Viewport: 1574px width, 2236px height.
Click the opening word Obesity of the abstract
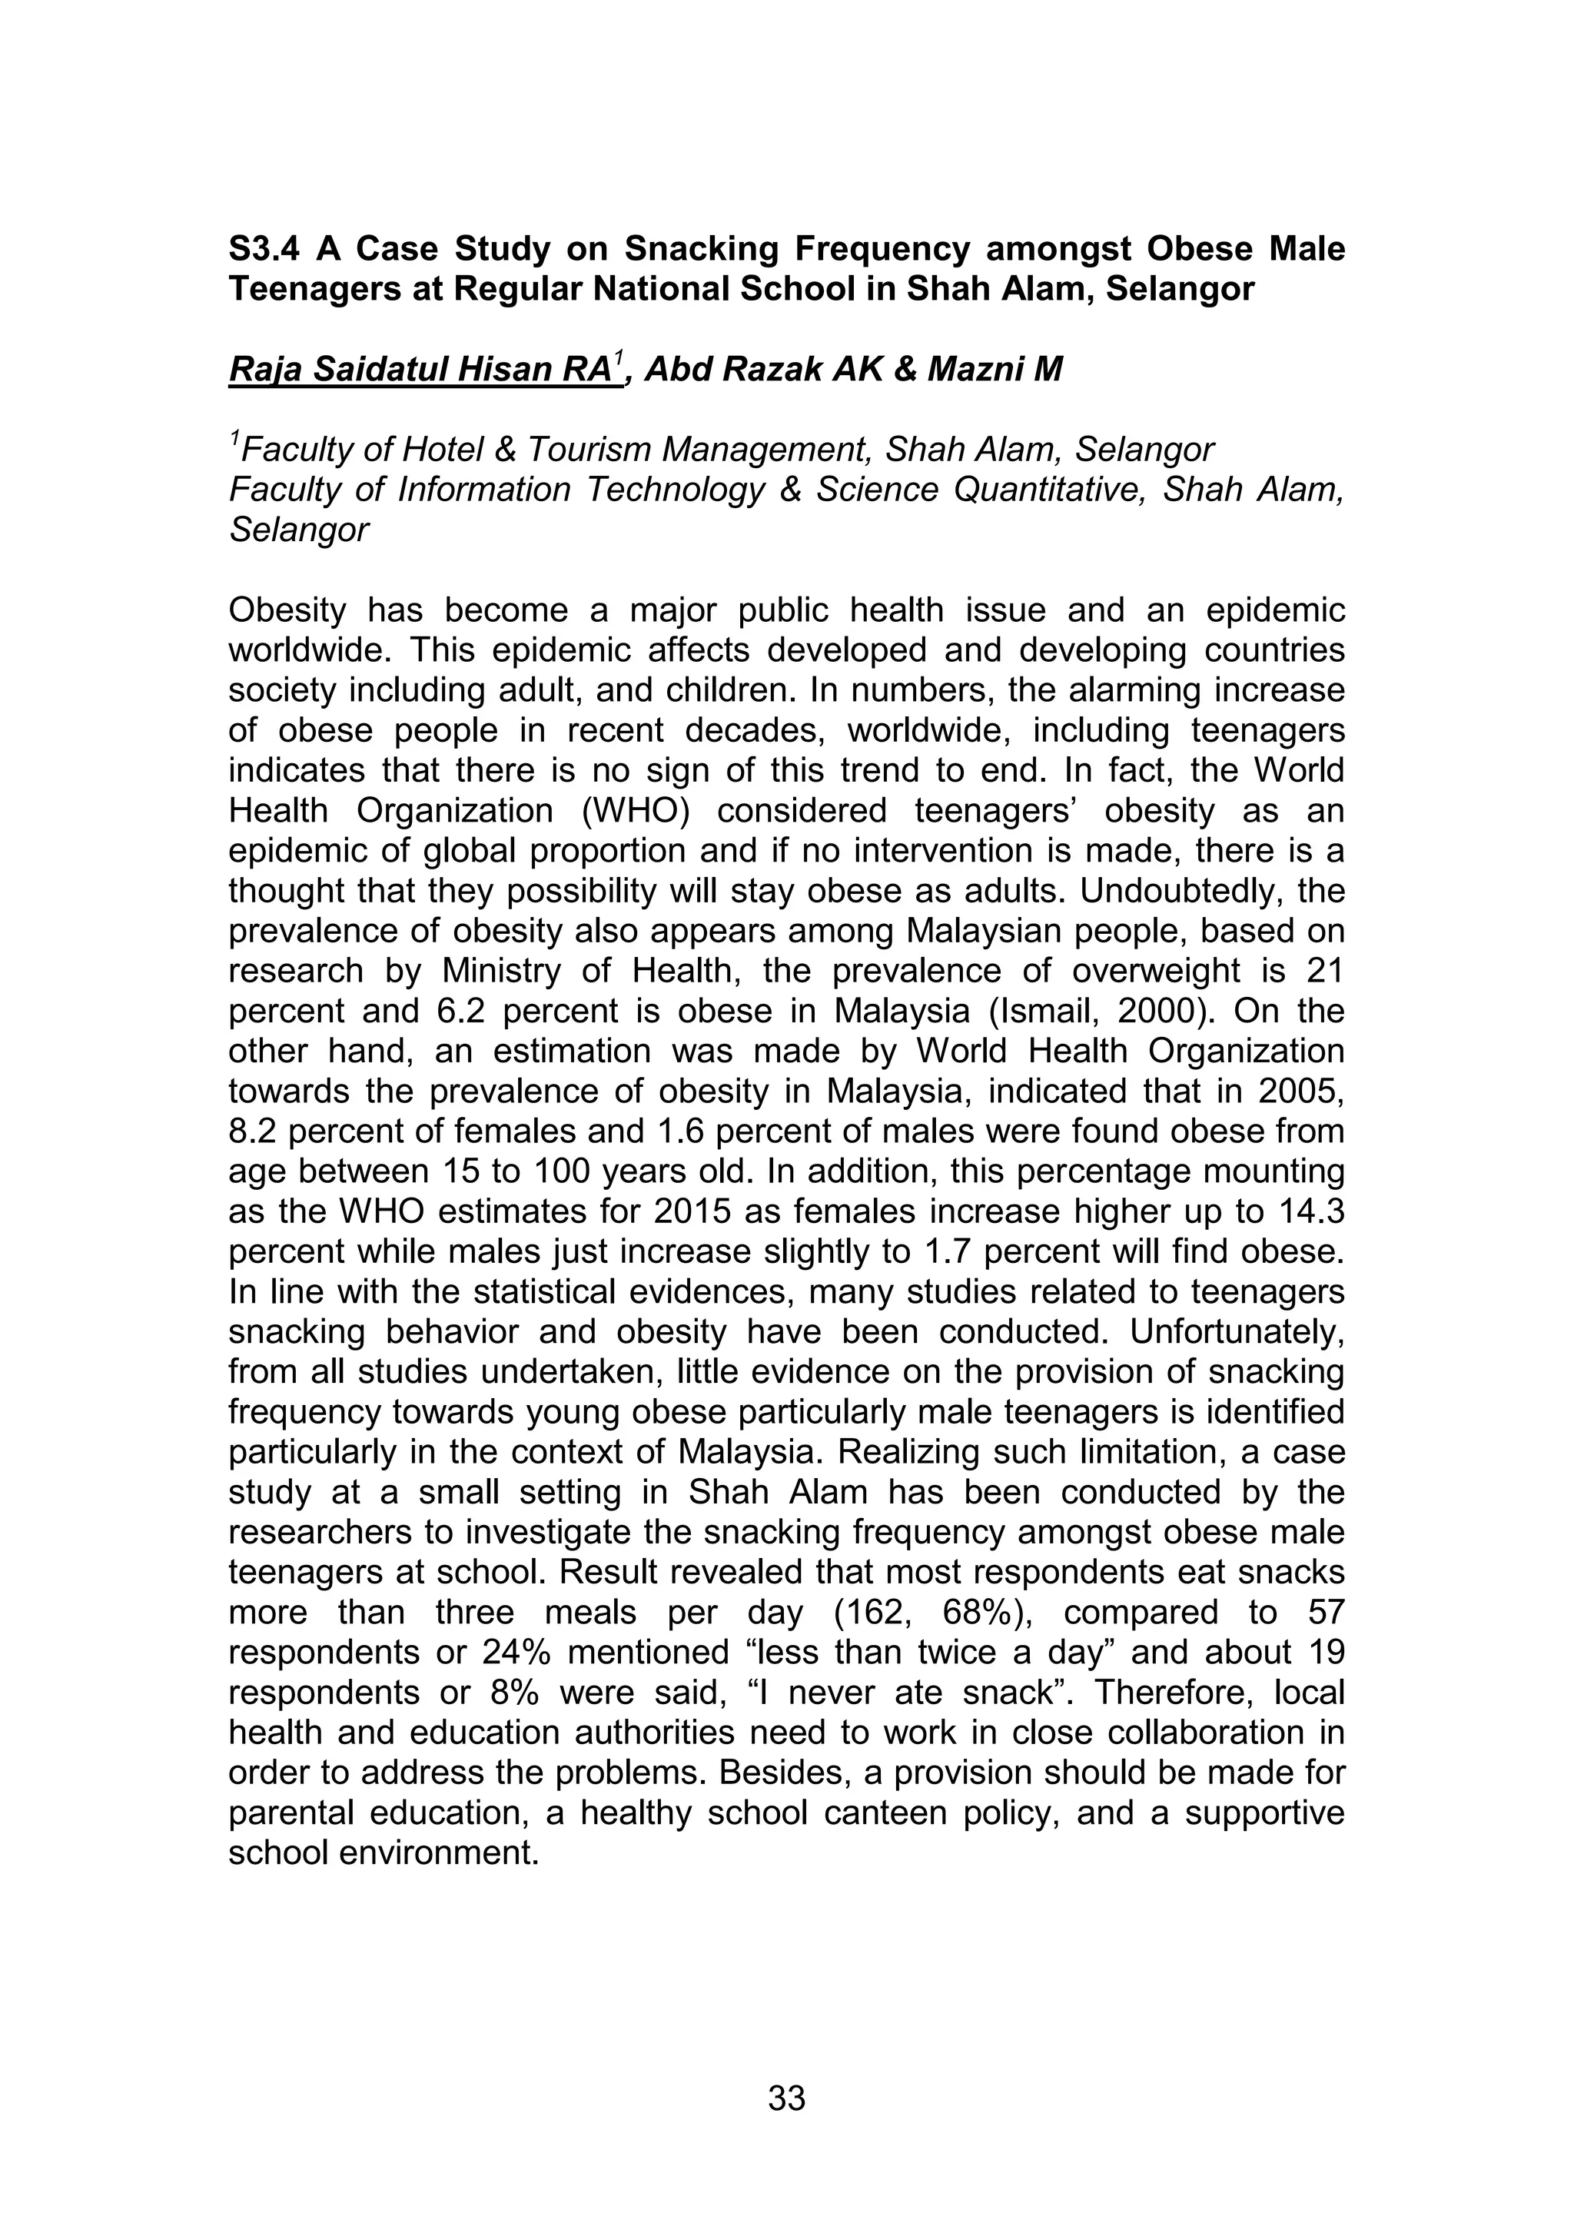coord(287,610)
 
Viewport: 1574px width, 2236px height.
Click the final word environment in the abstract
coord(437,1853)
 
